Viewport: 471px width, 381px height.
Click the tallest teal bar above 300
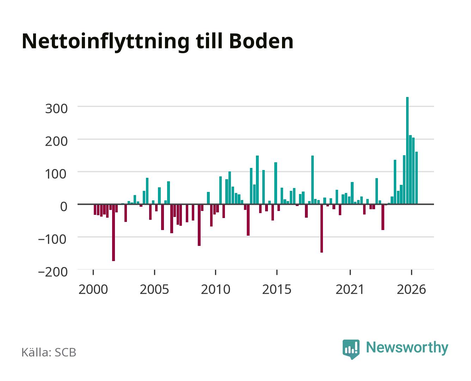[407, 150]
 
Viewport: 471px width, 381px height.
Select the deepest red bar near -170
[114, 232]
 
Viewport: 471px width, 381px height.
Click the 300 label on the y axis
[56, 109]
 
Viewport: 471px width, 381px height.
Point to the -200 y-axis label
[53, 272]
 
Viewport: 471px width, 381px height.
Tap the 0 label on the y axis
[64, 207]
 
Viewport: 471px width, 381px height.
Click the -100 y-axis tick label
[53, 240]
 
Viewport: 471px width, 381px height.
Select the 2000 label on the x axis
[93, 289]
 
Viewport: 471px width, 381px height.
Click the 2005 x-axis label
[154, 289]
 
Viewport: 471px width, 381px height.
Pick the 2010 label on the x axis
[216, 289]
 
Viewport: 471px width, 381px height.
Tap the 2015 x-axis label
[277, 289]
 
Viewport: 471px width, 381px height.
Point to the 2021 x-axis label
[350, 289]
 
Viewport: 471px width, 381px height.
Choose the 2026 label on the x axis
[411, 289]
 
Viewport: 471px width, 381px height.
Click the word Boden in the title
[261, 41]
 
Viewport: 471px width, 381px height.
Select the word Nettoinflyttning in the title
[105, 42]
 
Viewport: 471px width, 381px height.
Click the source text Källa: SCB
[49, 352]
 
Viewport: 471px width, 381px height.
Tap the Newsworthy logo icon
[351, 349]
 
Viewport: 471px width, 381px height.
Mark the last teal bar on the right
[416, 178]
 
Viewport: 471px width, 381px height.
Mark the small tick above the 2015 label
[277, 272]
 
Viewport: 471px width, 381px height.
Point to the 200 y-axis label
[56, 141]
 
